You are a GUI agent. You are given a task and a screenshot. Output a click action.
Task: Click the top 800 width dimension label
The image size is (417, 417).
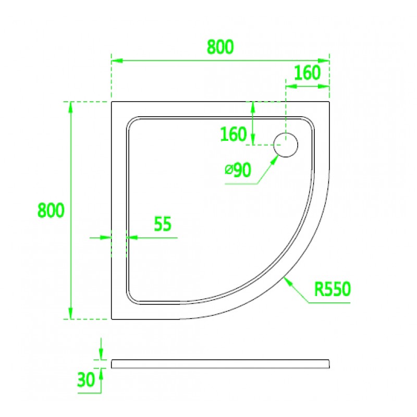220,47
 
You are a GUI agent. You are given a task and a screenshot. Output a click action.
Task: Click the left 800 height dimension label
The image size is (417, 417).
51,211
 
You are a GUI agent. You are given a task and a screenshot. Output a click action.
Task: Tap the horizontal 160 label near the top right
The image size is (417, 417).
308,73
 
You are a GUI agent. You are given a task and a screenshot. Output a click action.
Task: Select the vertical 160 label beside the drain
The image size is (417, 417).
234,134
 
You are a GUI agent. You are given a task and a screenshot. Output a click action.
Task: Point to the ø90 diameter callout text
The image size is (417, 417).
238,170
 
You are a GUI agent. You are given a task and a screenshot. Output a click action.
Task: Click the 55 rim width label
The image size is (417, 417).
163,224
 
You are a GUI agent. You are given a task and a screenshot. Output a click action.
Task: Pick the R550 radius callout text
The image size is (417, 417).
333,289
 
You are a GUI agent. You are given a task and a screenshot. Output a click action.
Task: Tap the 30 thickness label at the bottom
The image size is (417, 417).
86,379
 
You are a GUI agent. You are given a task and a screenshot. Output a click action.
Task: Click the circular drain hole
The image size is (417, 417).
286,145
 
